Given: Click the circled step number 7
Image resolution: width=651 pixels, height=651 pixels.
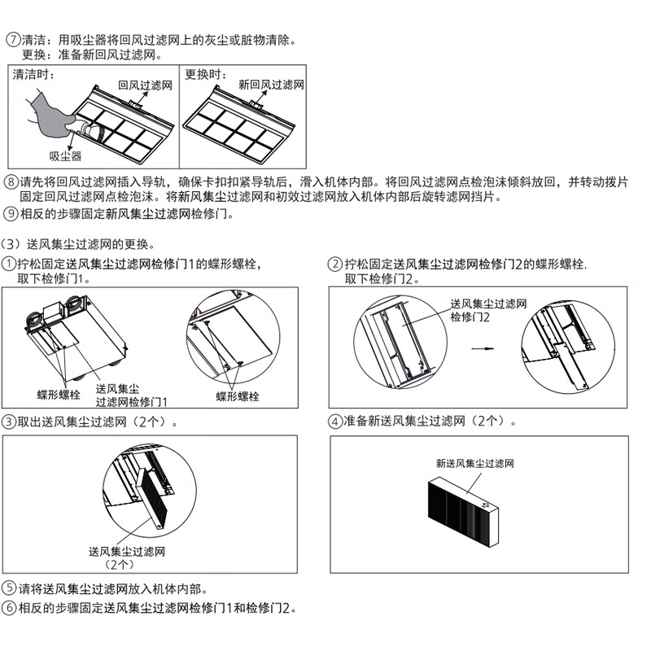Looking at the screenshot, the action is tap(14, 40).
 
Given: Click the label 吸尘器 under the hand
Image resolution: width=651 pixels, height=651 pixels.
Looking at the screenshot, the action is tap(66, 156).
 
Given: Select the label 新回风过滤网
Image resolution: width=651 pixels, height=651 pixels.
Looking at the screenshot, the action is tap(271, 85).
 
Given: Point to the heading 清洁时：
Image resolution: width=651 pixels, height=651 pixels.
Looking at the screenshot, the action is tap(33, 74).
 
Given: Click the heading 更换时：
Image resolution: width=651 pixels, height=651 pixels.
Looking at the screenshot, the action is tap(206, 74).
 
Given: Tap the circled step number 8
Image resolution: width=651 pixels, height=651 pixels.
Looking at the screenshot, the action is tap(11, 181).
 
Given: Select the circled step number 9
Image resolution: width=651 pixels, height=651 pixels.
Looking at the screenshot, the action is tap(11, 214).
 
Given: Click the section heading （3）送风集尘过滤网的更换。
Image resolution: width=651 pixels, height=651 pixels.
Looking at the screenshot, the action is tap(78, 244).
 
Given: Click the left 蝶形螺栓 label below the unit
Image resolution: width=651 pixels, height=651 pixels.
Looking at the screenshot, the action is tap(59, 395).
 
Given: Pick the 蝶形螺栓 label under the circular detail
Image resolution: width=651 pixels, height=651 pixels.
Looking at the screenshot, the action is tap(237, 396).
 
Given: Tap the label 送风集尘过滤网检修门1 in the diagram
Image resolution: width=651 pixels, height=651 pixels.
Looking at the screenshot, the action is tap(131, 395).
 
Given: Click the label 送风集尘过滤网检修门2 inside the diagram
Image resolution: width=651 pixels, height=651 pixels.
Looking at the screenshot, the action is tap(489, 310).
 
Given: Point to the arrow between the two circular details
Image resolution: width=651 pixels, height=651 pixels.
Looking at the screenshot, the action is tap(483, 349).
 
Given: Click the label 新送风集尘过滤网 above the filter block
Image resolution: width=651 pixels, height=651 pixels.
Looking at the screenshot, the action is tap(475, 463).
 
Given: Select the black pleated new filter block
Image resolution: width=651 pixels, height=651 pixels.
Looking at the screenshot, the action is tap(463, 512).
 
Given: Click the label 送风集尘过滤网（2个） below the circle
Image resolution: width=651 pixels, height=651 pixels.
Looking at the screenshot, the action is tap(127, 557).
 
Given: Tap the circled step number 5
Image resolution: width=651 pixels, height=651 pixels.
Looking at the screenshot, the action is tap(9, 588).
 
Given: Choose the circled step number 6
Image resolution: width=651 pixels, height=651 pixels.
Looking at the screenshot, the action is tap(9, 608).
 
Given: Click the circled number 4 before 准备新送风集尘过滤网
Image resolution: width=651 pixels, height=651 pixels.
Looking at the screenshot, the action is tap(335, 422).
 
